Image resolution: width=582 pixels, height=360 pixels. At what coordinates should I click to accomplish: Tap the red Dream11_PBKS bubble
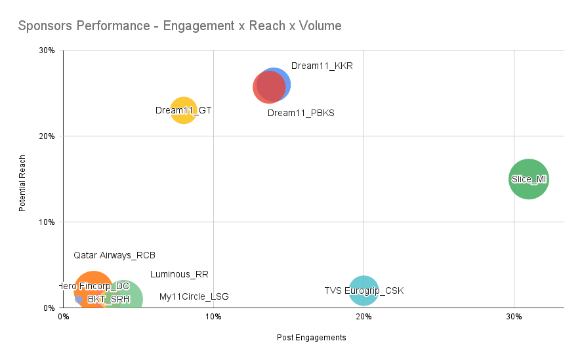click(x=266, y=89)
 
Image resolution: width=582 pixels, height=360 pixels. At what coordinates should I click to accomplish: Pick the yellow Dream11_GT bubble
click(x=184, y=110)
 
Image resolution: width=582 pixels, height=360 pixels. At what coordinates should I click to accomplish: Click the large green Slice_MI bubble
click(x=528, y=179)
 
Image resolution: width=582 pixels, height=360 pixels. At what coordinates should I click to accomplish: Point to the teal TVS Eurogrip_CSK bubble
click(x=363, y=290)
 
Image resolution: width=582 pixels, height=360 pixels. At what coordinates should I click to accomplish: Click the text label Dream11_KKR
click(x=322, y=66)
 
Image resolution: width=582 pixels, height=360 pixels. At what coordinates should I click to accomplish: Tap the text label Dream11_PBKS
click(x=301, y=113)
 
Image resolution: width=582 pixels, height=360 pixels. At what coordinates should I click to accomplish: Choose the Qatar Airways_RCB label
click(x=114, y=255)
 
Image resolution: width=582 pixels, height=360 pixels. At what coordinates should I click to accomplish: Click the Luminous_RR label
click(x=179, y=274)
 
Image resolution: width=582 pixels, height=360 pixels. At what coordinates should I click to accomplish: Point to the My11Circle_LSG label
click(x=194, y=296)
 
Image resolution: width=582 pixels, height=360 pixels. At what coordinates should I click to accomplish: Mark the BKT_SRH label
click(x=108, y=299)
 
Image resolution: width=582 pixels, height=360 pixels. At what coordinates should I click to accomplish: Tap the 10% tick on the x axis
click(x=213, y=317)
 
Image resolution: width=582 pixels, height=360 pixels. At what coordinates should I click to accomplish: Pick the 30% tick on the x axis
click(x=514, y=317)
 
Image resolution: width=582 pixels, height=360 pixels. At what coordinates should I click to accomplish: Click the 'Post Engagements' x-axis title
click(x=311, y=338)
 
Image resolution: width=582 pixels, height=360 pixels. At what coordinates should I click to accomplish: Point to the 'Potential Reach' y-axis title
click(x=22, y=183)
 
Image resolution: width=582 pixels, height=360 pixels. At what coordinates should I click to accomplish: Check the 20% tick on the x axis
click(x=363, y=317)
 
